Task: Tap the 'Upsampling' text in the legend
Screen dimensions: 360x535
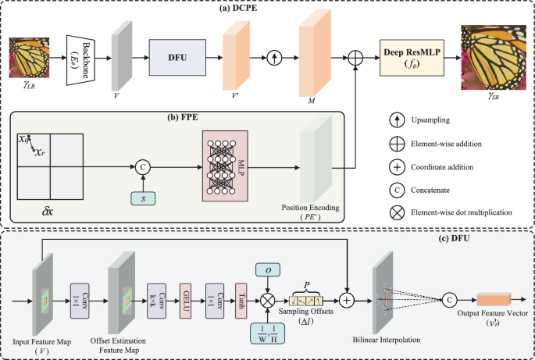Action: pyautogui.click(x=435, y=122)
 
